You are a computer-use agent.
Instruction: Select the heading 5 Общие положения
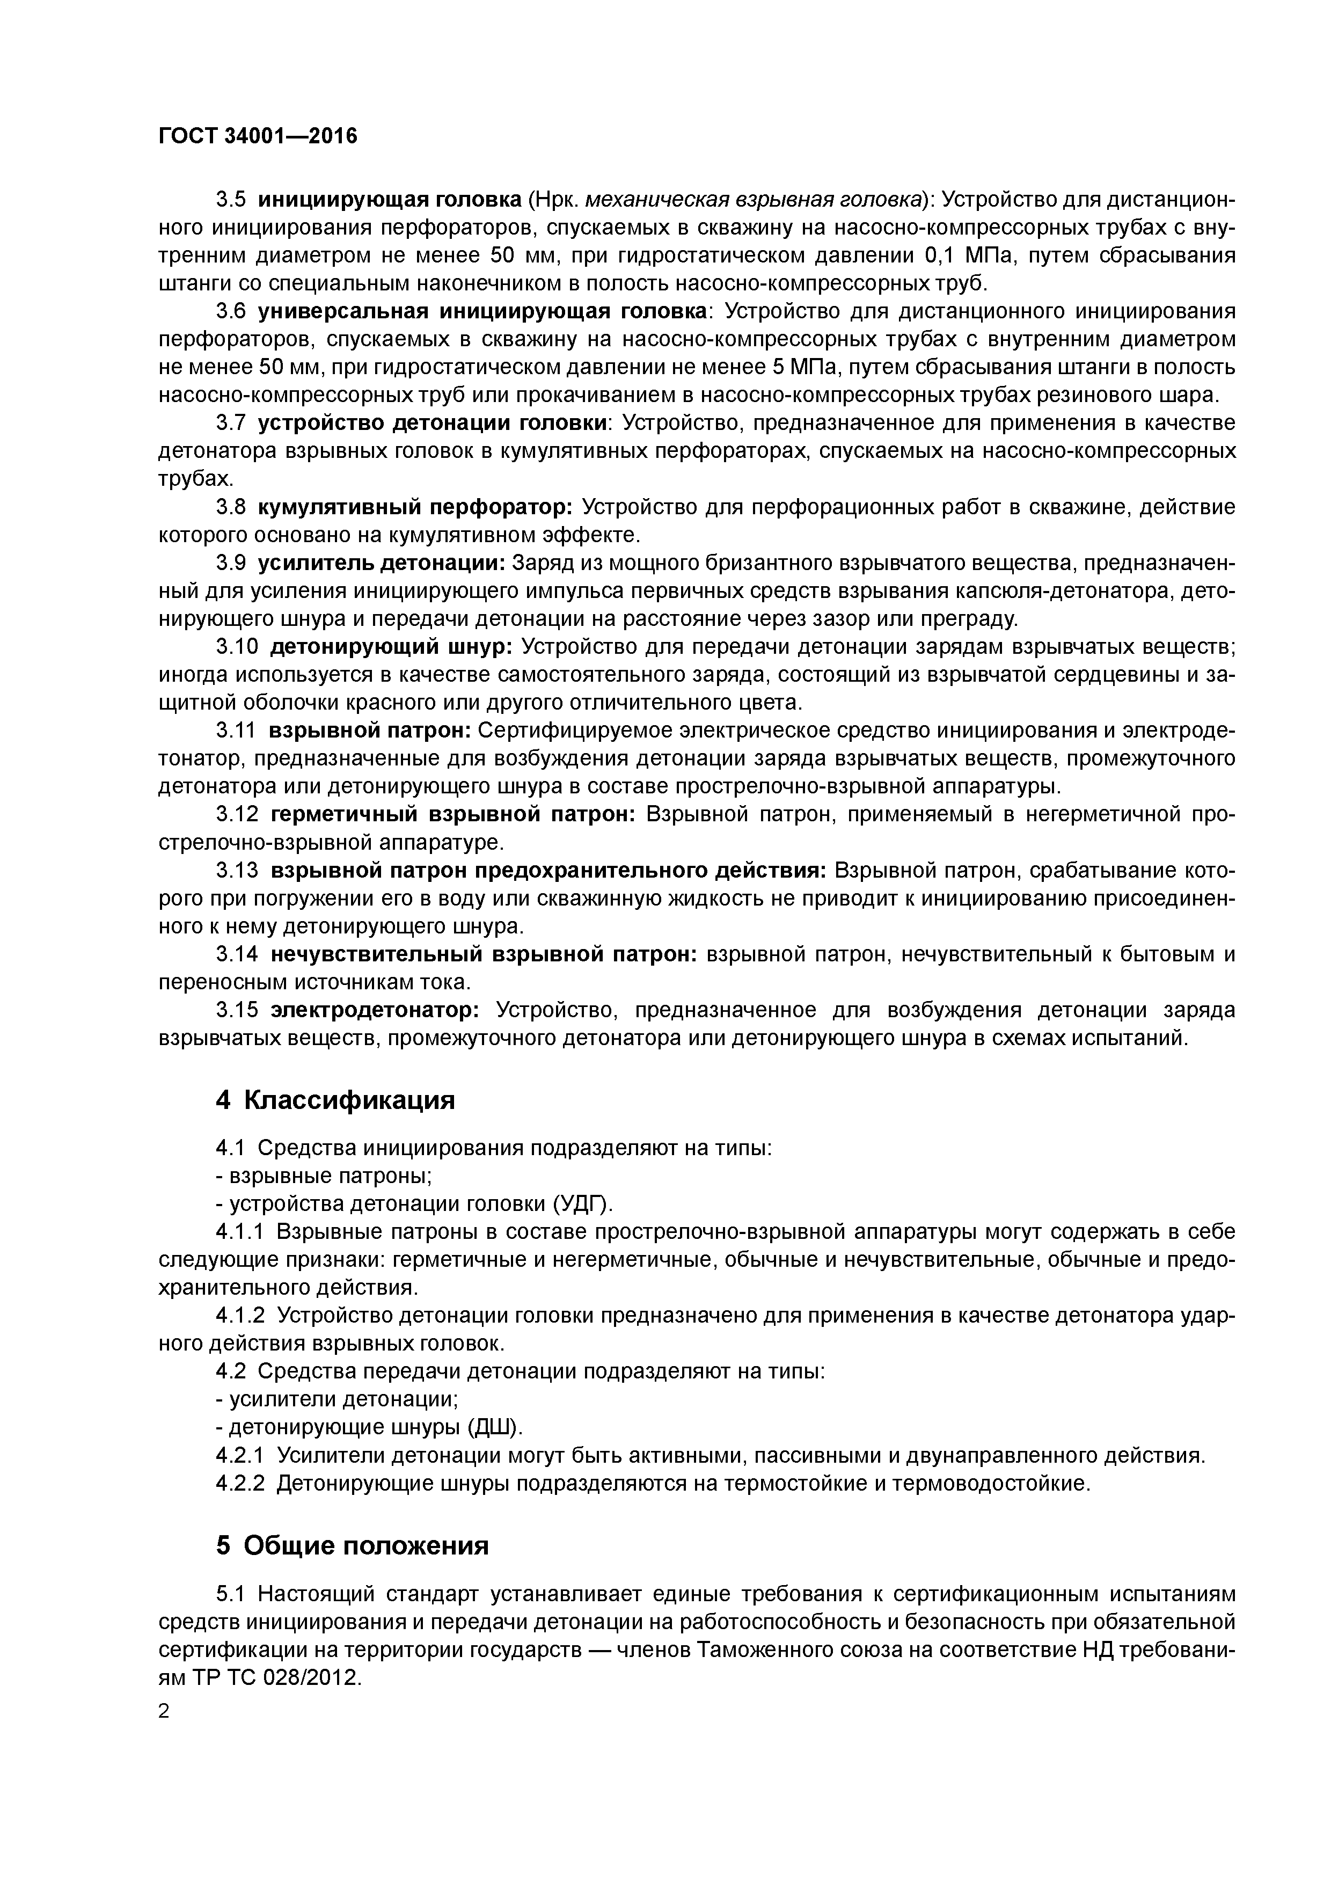352,1545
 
